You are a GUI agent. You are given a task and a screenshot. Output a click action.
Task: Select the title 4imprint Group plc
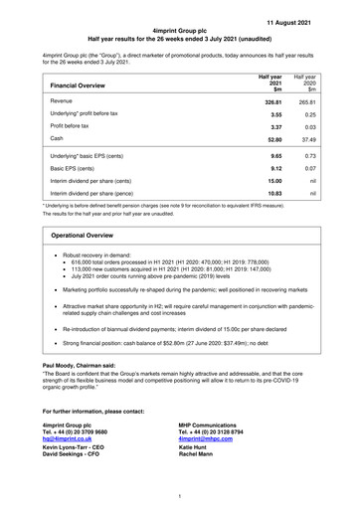180,33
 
